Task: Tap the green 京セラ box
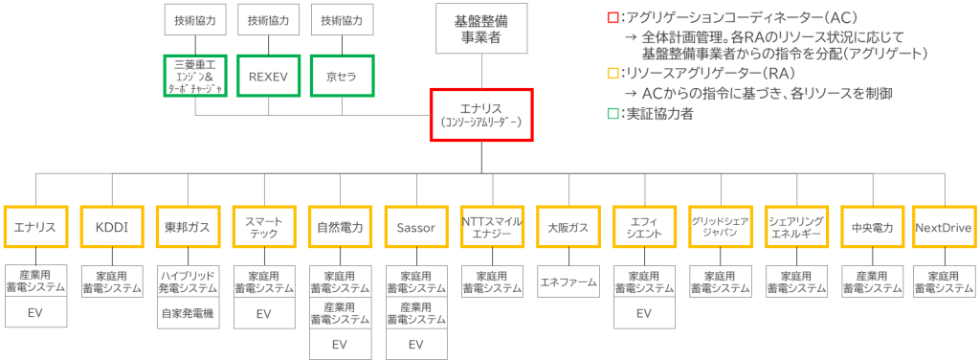click(x=342, y=76)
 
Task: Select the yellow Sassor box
click(x=415, y=228)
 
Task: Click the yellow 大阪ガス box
click(x=568, y=228)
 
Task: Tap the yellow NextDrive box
click(x=943, y=228)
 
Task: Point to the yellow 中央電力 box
click(x=872, y=228)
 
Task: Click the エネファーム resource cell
click(x=568, y=282)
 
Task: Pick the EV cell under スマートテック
click(x=263, y=312)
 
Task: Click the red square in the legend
click(x=612, y=18)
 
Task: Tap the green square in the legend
click(x=612, y=113)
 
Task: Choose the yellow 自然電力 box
click(x=340, y=228)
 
